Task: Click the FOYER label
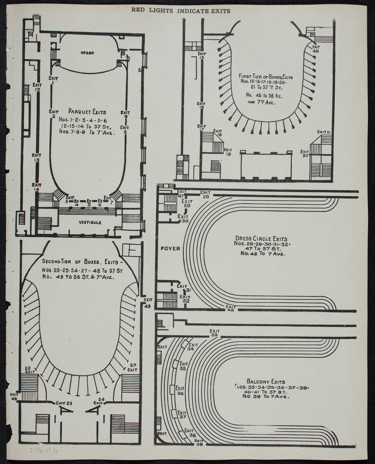(169, 248)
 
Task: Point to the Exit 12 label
(37, 87)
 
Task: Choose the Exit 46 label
(315, 49)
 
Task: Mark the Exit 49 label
(148, 303)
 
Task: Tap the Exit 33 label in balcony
(215, 333)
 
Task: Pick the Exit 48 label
(14, 397)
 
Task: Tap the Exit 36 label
(180, 390)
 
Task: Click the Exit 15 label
(202, 55)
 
